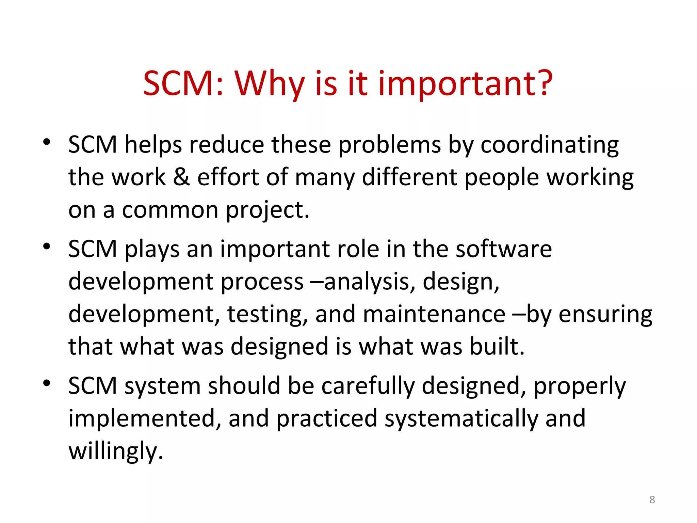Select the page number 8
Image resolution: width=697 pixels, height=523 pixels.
pyautogui.click(x=652, y=500)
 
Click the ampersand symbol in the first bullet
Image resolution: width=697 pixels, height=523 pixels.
pyautogui.click(x=181, y=177)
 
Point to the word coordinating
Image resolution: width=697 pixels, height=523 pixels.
pyautogui.click(x=549, y=145)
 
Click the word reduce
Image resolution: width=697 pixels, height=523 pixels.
pyautogui.click(x=226, y=144)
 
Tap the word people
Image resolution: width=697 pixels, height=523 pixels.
pyautogui.click(x=502, y=178)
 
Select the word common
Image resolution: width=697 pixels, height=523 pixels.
pyautogui.click(x=170, y=210)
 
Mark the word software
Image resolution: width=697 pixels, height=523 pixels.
pyautogui.click(x=504, y=249)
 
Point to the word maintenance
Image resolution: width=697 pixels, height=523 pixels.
pyautogui.click(x=434, y=314)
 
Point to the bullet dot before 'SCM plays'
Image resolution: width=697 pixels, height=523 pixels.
pyautogui.click(x=47, y=246)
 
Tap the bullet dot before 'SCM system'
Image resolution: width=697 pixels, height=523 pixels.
pyautogui.click(x=47, y=383)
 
